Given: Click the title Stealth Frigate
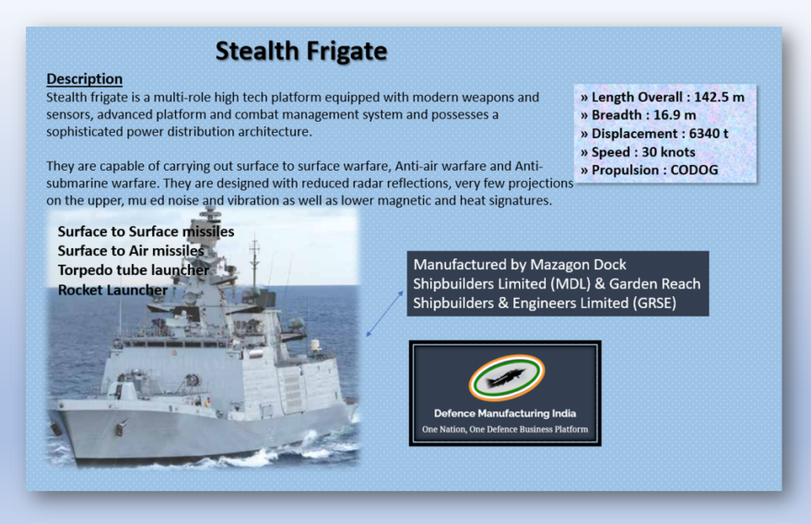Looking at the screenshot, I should pos(301,51).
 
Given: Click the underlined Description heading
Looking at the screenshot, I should pos(84,79).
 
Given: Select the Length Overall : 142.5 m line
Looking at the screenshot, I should pos(662,97).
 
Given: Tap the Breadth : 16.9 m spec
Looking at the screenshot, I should pos(638,115).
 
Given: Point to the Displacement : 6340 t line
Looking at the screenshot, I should pos(653,134).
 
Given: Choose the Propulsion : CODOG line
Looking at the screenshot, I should pos(649,170).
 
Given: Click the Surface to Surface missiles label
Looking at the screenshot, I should pos(146,232).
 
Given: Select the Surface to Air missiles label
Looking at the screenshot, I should pos(131,250).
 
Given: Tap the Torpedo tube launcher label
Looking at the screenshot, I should pos(134,270).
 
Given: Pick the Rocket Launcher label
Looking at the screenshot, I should pos(112,290).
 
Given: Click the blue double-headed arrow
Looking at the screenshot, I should pos(385,313).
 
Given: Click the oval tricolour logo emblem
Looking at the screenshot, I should pos(505,377).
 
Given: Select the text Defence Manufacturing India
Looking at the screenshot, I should pos(505,413).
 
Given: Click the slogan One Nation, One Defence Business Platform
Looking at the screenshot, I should pos(505,430).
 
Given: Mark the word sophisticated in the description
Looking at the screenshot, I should pos(91,132).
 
